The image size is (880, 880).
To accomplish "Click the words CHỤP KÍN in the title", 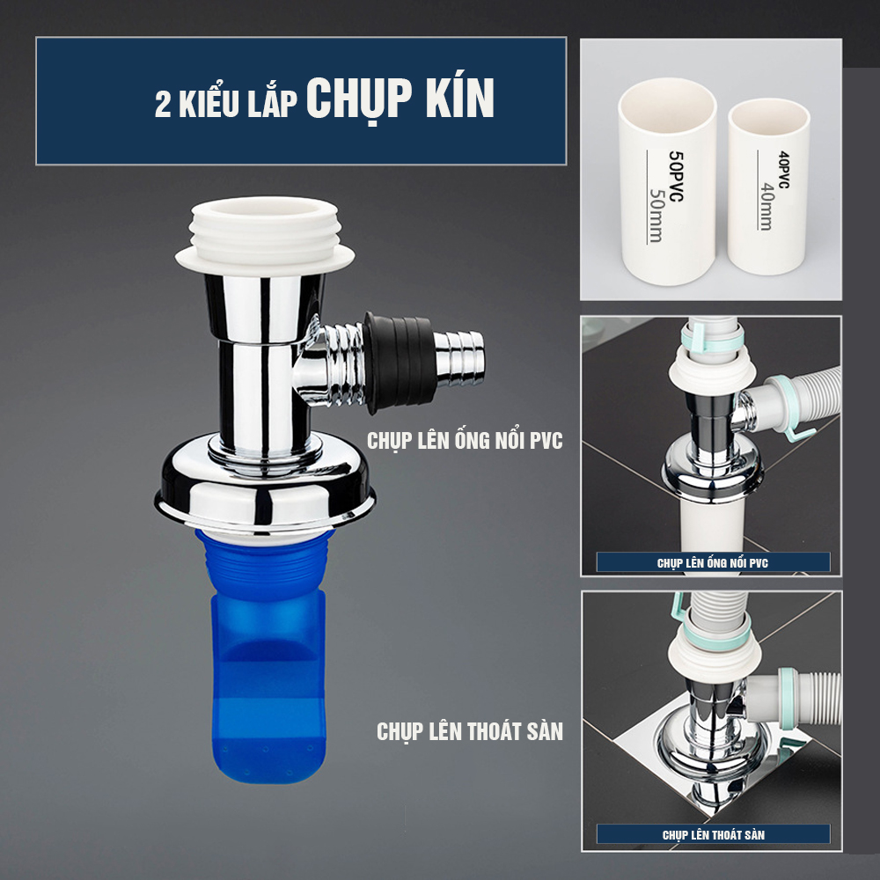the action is (x=400, y=98).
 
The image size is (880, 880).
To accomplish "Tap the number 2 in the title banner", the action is (x=163, y=105).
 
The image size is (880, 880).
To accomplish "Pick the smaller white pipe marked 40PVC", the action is (x=768, y=187).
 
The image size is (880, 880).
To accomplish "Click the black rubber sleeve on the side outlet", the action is (x=399, y=362).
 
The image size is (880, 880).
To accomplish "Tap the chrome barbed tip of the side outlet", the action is (x=459, y=358).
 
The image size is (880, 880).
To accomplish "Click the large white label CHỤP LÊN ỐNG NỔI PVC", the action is (x=465, y=441).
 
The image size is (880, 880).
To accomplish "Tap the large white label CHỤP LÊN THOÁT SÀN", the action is (x=470, y=731).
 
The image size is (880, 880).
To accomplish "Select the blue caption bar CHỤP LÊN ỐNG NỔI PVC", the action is (x=713, y=562).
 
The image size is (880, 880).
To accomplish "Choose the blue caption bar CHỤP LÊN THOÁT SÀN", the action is (x=713, y=834).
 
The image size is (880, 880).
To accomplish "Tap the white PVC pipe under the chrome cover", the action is (x=712, y=524).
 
